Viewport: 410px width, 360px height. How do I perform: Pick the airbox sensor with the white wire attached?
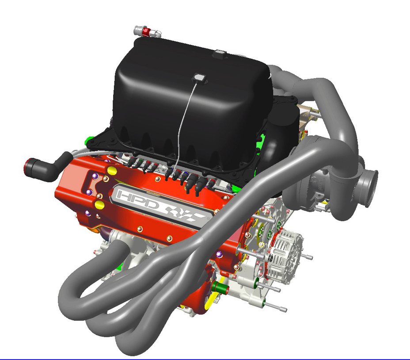(x=199, y=78)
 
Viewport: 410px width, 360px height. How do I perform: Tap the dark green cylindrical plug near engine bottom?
(x=220, y=288)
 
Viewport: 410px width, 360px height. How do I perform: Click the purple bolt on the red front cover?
(x=219, y=253)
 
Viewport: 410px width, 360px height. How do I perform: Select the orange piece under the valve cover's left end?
(x=94, y=229)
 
